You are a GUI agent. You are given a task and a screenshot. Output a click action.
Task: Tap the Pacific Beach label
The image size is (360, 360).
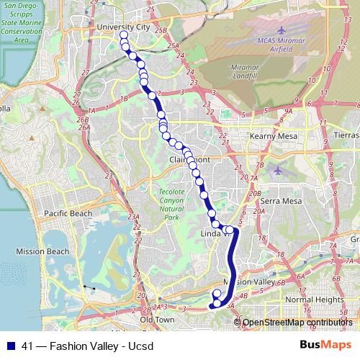click(68, 213)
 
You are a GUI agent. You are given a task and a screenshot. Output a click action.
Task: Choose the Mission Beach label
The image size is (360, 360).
click(42, 251)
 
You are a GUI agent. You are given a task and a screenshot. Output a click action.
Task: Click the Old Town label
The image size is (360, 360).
click(158, 319)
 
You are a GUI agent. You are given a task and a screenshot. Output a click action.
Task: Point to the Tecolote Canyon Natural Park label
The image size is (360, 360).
click(171, 204)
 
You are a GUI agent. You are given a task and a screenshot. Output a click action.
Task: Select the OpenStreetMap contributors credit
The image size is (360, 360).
click(298, 322)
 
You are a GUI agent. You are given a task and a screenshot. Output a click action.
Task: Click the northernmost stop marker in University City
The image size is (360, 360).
click(124, 35)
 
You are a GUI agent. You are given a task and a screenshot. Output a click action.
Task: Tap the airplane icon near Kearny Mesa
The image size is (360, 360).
click(279, 171)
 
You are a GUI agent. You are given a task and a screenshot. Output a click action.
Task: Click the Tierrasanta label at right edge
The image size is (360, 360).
click(346, 135)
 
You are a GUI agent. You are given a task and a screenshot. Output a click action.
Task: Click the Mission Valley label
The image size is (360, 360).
click(246, 282)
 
